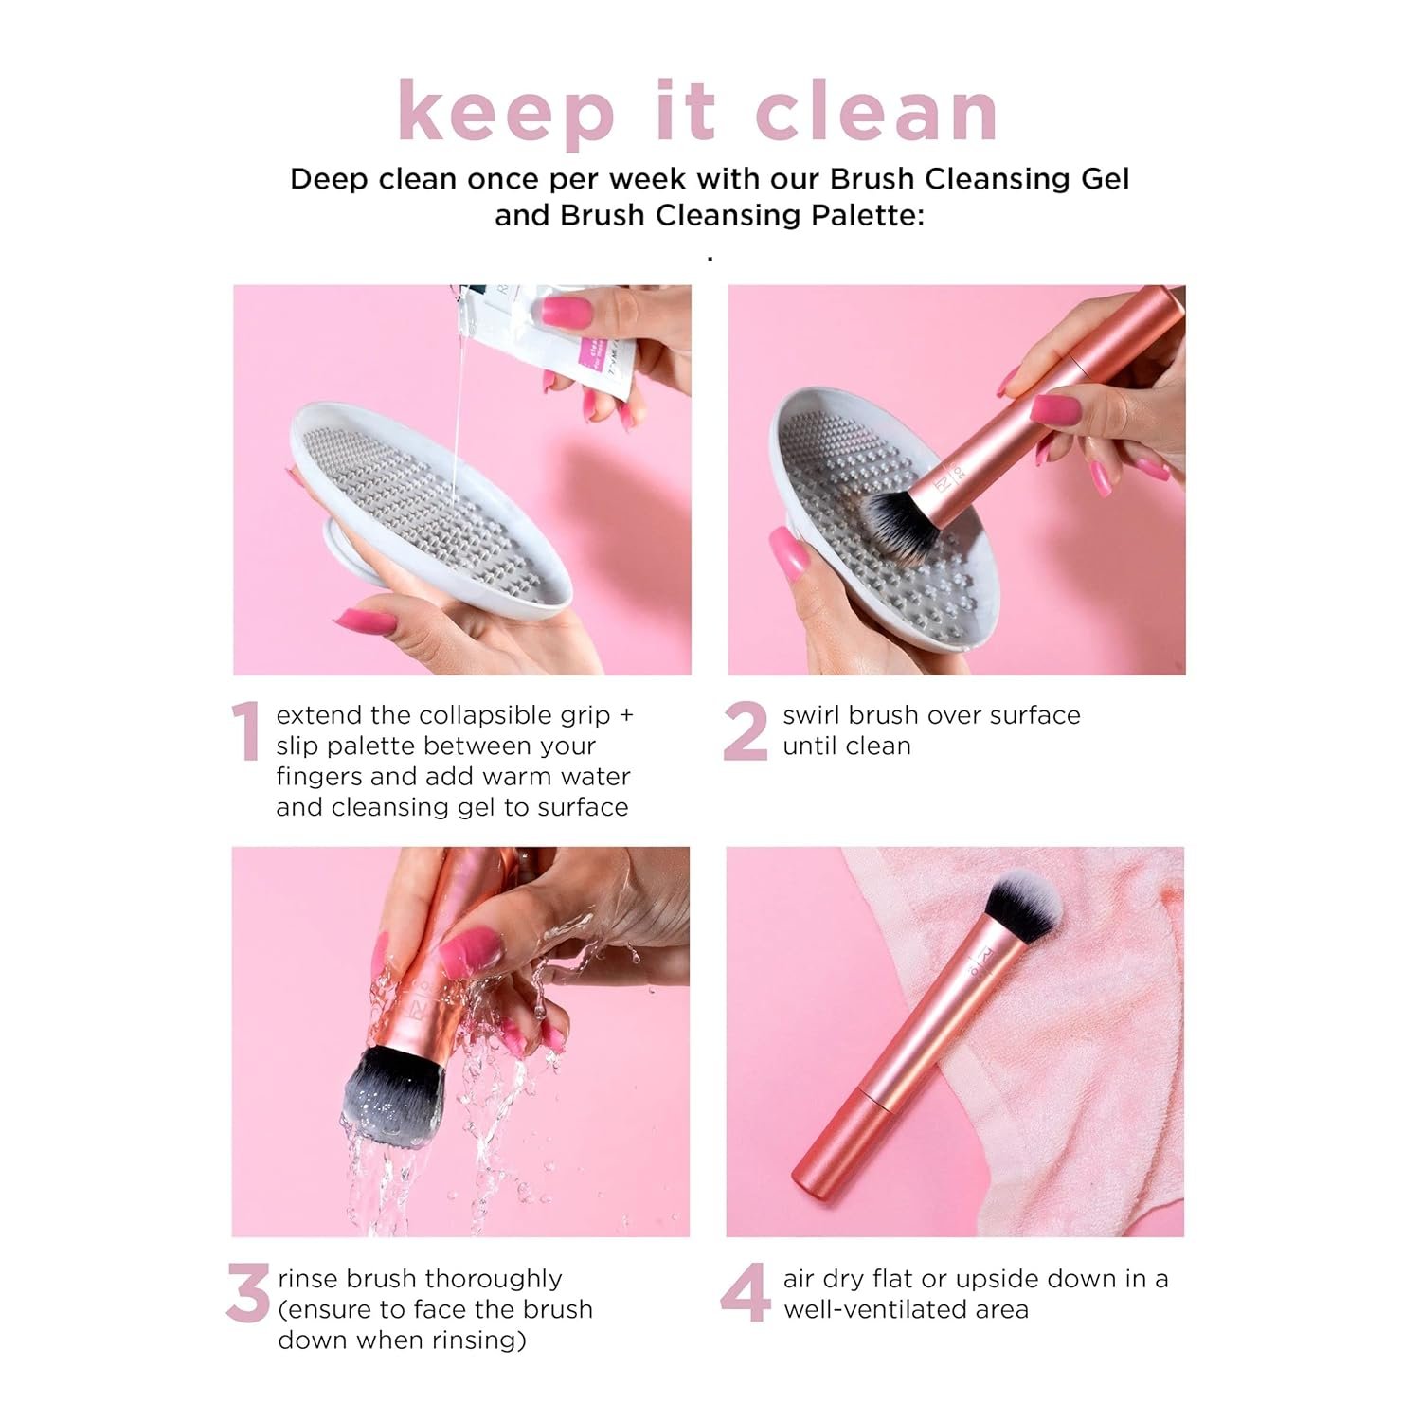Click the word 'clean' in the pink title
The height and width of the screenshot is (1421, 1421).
(876, 112)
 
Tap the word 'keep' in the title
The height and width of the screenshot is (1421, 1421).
(507, 114)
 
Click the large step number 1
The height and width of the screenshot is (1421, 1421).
(246, 731)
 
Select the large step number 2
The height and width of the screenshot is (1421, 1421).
(745, 731)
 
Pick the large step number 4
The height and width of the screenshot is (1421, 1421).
(745, 1294)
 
